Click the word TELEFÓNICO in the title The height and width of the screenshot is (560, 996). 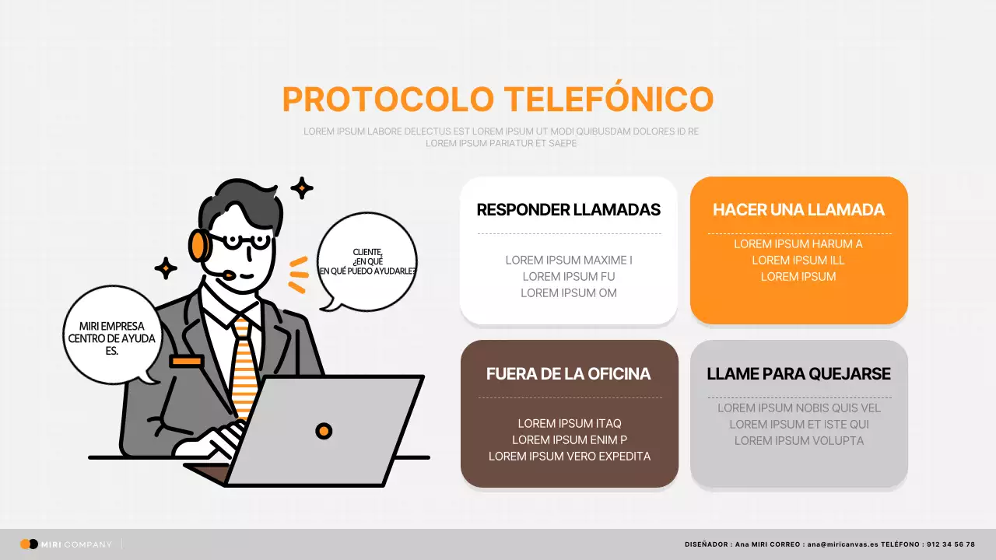pos(608,100)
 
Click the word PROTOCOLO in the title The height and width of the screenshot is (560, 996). pos(388,100)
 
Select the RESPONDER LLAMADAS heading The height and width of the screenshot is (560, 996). pos(568,210)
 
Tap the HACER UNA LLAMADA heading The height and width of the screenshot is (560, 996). pos(798,210)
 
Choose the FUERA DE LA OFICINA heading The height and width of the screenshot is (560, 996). pos(568,374)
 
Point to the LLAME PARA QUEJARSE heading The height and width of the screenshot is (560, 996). pos(798,374)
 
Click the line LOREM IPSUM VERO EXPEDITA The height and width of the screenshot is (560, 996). pos(570,457)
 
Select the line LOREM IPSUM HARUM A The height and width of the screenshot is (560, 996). pos(798,244)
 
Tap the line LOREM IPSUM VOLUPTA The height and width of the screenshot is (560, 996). pos(799,441)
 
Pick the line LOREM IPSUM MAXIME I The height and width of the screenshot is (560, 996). pos(569,261)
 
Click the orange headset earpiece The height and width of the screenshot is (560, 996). pos(198,245)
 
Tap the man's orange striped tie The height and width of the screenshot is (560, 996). pos(244,366)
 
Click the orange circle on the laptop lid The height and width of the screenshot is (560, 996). pos(324,431)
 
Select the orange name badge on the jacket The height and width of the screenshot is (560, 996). pos(187,361)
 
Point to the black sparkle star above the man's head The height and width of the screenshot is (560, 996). pos(302,187)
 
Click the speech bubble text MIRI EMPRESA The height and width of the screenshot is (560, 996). pos(111,327)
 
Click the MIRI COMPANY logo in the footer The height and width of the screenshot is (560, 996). pos(66,544)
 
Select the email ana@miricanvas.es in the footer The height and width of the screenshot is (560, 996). pos(843,544)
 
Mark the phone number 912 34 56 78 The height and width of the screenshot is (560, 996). pos(950,544)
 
